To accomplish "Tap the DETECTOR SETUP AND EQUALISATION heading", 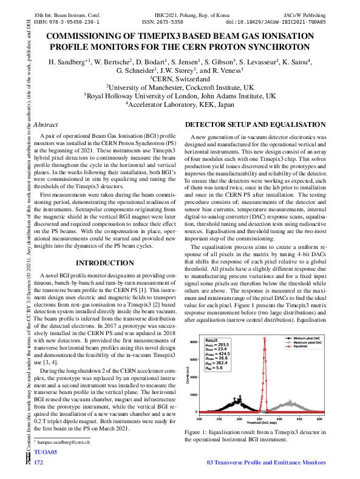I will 256,124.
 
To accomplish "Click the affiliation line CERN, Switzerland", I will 179,78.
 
